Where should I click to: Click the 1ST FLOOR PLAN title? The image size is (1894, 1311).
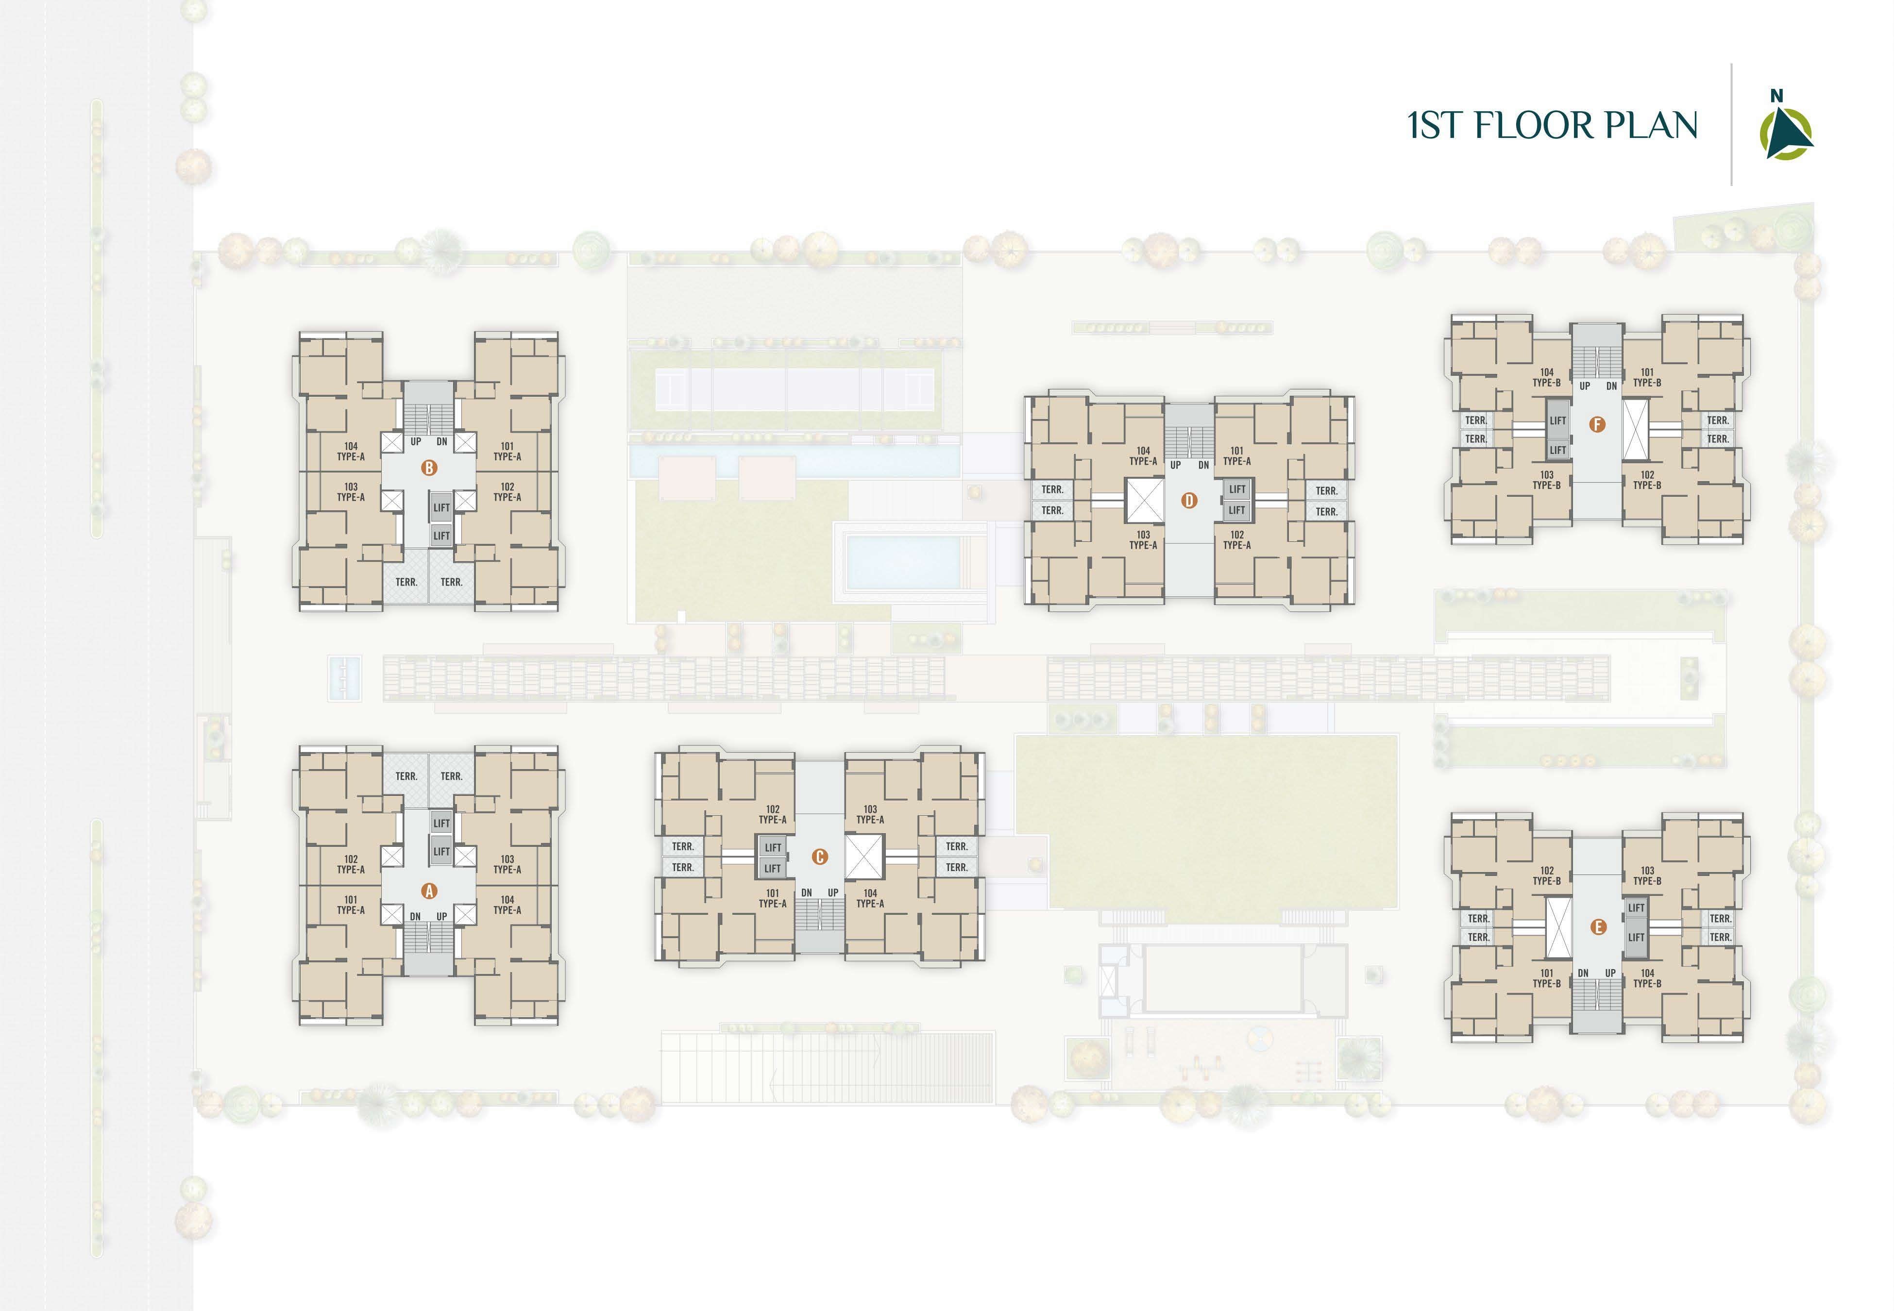coord(1552,125)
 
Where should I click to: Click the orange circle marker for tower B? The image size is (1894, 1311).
coord(429,468)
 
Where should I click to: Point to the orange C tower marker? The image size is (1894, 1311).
coord(819,857)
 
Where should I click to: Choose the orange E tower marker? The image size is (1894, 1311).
coord(1597,927)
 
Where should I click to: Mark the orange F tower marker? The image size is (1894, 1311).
coord(1597,425)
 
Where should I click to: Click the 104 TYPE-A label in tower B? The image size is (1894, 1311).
coord(351,452)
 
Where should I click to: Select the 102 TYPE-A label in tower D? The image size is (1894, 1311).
coord(1237,539)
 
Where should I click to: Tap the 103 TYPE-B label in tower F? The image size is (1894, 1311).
coord(1547,480)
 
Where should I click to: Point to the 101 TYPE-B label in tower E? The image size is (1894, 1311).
coord(1547,978)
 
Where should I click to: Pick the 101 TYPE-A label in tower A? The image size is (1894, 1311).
coord(351,905)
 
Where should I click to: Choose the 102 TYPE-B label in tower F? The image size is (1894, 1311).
coord(1647,480)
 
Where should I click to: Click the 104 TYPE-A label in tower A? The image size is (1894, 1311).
coord(507,905)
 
